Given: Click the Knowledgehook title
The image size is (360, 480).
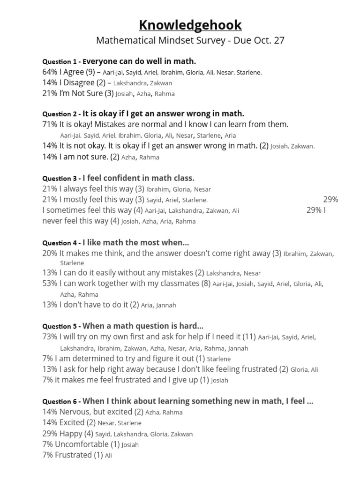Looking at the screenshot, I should coord(190,24).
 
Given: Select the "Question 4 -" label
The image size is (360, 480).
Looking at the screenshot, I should coord(61,243).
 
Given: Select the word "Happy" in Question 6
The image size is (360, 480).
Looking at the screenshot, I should coord(71,434).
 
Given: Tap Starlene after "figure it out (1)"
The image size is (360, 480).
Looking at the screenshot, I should coord(219,359).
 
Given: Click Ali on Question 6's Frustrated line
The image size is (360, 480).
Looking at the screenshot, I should coord(108,456).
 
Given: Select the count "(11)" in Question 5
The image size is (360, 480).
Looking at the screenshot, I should coord(249,337).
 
